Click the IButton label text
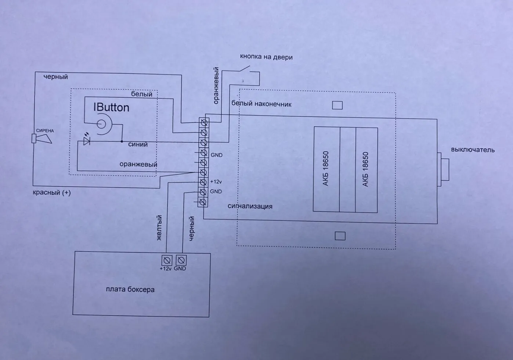point(111,107)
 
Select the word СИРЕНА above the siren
point(45,130)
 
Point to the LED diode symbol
point(87,141)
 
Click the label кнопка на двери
point(266,57)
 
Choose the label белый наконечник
point(261,104)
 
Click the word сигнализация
point(250,206)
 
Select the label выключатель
point(473,150)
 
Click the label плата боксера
point(130,289)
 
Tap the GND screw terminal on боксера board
point(180,260)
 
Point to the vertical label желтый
point(159,228)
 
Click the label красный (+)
point(52,192)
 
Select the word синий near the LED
point(138,144)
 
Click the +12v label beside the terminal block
point(216,182)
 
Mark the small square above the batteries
point(337,105)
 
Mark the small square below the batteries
point(340,236)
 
